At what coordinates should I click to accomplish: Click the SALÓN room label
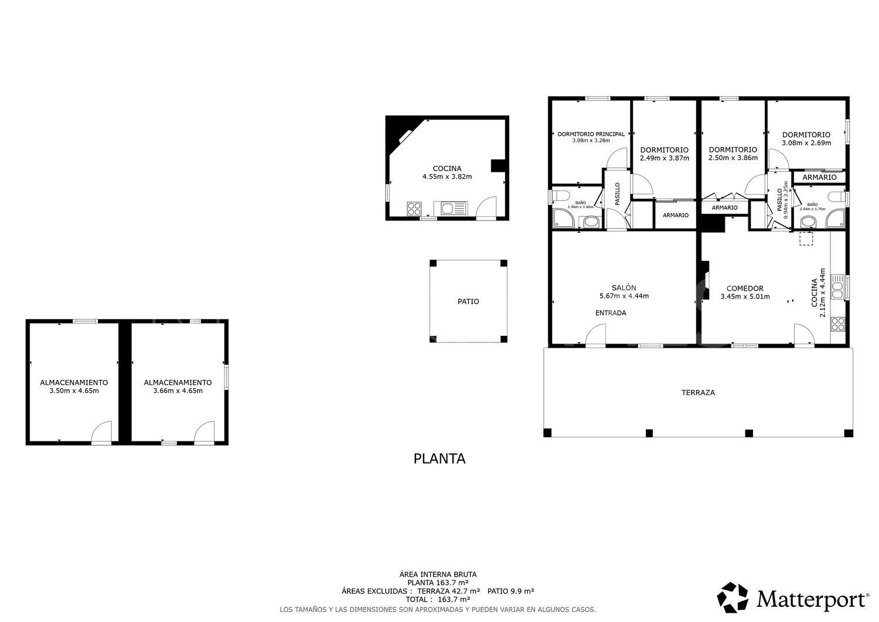tap(624, 287)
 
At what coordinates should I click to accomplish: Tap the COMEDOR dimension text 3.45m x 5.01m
tap(745, 297)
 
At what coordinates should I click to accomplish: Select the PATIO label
tap(468, 301)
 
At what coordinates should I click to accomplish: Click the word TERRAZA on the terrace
tap(698, 392)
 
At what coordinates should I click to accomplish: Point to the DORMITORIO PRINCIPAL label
tap(591, 134)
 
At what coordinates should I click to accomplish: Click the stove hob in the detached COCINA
tap(414, 208)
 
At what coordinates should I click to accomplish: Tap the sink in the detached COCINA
tap(449, 208)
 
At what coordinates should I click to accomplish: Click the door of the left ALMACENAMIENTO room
tap(102, 433)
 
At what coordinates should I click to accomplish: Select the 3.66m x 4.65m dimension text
tap(178, 390)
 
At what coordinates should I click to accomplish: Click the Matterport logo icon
tap(733, 597)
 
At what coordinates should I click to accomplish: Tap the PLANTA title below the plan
tap(439, 458)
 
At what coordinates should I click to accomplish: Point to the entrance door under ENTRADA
tap(595, 337)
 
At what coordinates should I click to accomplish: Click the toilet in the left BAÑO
tap(560, 196)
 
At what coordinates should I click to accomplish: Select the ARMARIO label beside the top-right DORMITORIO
tap(819, 177)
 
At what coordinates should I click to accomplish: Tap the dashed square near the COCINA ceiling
tap(806, 237)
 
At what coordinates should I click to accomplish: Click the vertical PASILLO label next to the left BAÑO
tap(617, 193)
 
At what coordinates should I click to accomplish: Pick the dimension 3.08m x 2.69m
tap(806, 142)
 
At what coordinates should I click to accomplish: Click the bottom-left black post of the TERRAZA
tap(547, 433)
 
